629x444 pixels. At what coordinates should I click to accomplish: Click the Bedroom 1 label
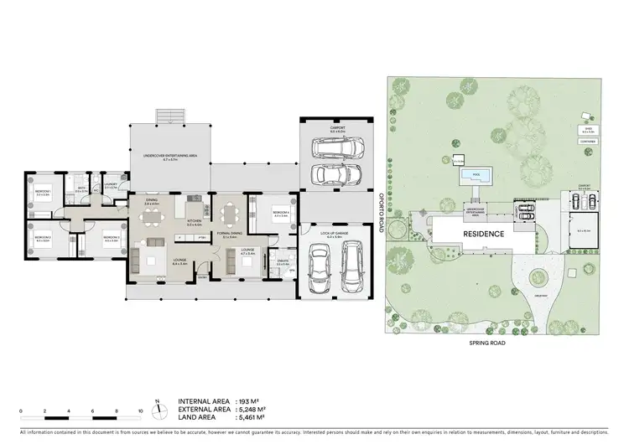44,193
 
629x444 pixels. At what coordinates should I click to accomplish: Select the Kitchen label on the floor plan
192,224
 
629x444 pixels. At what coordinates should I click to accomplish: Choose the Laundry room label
111,183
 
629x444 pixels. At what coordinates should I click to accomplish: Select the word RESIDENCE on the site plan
481,234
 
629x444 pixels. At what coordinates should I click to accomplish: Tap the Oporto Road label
379,204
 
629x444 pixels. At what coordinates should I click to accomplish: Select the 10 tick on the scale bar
140,410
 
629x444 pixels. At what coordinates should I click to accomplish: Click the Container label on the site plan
588,142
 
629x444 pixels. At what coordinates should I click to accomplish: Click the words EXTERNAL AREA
204,410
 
